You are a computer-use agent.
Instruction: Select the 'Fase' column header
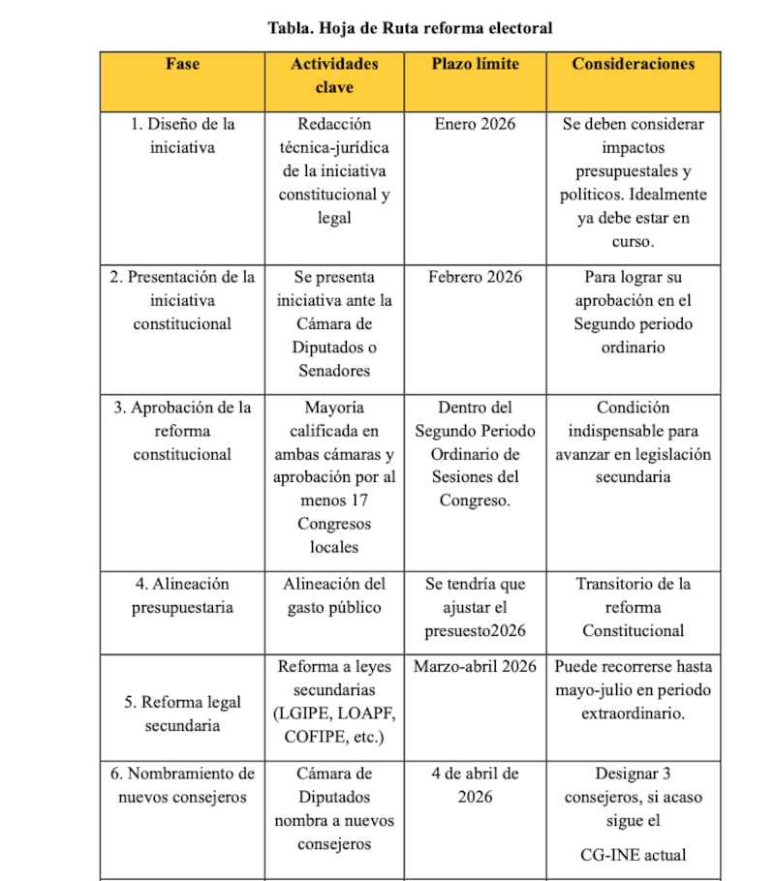(182, 64)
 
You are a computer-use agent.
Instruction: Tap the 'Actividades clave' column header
(334, 76)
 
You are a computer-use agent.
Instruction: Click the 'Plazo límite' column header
(475, 64)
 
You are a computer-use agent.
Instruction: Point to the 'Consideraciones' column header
(633, 64)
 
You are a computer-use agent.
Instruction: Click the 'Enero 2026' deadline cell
(475, 124)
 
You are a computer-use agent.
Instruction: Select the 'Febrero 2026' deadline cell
(475, 277)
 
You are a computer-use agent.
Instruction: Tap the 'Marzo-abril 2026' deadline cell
(475, 667)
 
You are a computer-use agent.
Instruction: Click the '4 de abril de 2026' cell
(475, 785)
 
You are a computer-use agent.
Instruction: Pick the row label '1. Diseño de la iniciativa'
(182, 136)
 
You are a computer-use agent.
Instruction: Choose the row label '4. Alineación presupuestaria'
(182, 595)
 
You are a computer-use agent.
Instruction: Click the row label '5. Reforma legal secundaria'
(182, 714)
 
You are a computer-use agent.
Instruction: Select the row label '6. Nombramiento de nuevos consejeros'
(182, 785)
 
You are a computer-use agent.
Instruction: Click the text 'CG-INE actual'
(633, 855)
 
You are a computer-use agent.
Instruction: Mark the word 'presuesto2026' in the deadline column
(475, 631)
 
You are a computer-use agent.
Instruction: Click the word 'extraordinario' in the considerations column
(633, 714)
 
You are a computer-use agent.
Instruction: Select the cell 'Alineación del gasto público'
(334, 595)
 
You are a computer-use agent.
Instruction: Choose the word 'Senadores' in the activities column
(334, 371)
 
